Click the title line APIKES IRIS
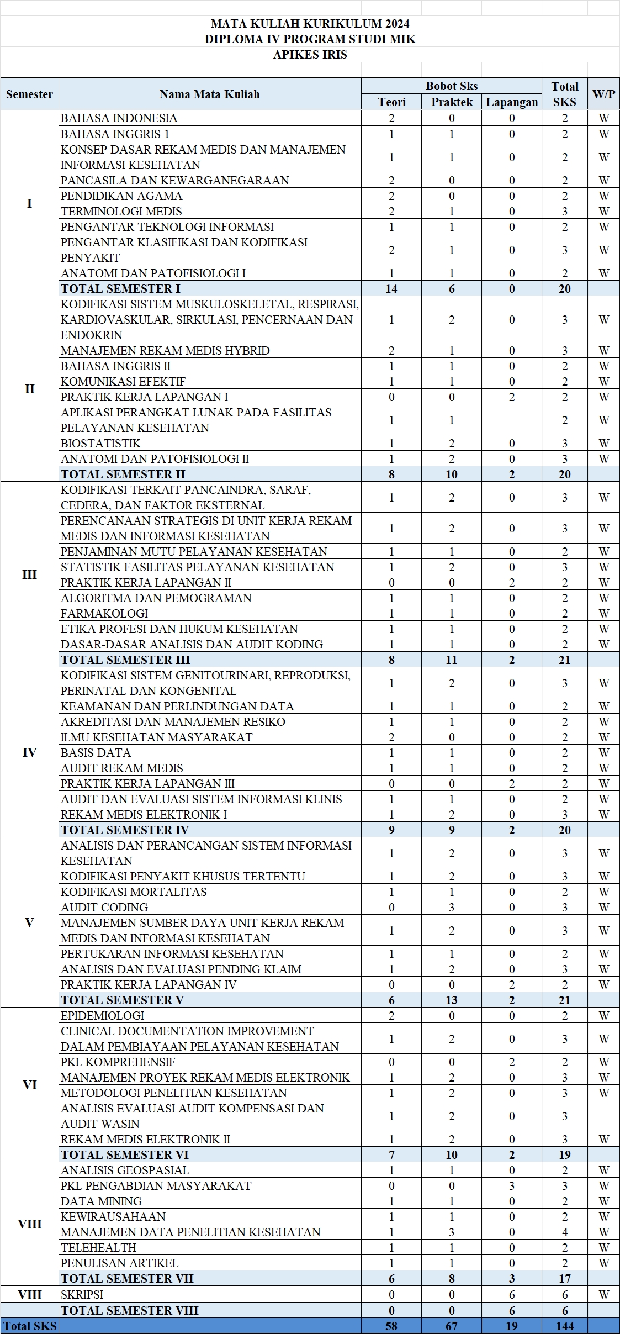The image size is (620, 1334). (310, 54)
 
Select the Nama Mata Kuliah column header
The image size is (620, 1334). (209, 94)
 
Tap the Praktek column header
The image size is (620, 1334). (452, 102)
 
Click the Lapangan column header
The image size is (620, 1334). (511, 102)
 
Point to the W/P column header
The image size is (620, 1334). (603, 94)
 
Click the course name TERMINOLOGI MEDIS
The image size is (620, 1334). (121, 211)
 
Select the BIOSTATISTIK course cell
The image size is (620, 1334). (100, 443)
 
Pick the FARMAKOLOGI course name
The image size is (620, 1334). (104, 613)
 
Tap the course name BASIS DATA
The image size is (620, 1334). (96, 752)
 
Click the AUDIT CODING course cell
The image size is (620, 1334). (104, 907)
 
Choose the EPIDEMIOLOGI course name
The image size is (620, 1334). (102, 1015)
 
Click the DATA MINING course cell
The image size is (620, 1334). (101, 1201)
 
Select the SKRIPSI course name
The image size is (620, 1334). (82, 1294)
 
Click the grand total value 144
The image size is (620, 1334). (564, 1325)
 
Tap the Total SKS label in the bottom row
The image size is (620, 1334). (29, 1325)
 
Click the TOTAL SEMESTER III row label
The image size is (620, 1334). (125, 660)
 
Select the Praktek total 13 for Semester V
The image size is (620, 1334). (452, 1000)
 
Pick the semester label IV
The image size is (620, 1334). (29, 752)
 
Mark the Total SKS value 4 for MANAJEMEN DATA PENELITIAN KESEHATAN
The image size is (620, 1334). (564, 1232)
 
